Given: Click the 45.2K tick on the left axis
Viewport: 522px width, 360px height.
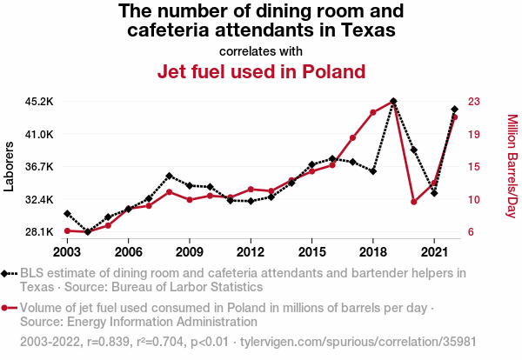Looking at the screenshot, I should coord(39,101).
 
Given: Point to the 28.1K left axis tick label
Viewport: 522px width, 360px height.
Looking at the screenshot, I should coord(39,232).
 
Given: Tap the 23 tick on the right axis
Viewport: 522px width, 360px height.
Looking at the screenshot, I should coord(475,101).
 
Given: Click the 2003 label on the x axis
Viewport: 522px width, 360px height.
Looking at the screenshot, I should coord(67,251).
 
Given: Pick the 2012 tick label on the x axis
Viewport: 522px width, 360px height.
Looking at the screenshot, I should coord(251,251).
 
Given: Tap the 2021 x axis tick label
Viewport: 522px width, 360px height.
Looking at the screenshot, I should coord(434,251).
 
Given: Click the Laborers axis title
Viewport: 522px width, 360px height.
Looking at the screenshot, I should coord(10,165).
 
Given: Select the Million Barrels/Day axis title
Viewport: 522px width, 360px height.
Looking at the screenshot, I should coord(512,165).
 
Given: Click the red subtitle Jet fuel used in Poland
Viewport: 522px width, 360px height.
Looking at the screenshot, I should coord(260,71).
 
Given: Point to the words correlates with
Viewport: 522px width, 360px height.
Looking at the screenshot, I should coord(260,50).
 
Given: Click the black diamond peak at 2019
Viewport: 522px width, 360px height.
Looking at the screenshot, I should coord(393,102).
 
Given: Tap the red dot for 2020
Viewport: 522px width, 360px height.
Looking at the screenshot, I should coord(414,202).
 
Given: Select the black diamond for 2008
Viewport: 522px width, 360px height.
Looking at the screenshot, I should coord(170,177).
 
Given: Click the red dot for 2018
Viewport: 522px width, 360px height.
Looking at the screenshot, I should coord(372,113).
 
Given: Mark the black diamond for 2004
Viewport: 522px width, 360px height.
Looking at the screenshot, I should coord(88,232).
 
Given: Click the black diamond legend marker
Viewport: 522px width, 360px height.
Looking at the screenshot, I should coord(8,273).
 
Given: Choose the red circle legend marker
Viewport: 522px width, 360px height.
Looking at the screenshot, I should coord(8,308).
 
